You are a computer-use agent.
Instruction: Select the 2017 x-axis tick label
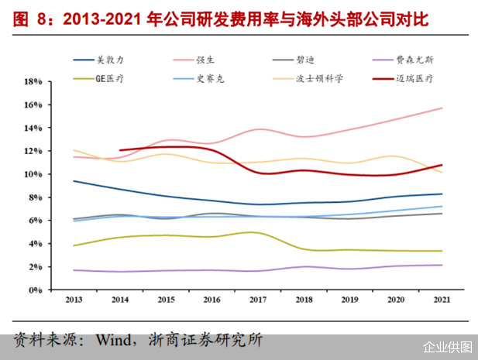point(258,299)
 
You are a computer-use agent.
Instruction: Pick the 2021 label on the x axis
point(442,299)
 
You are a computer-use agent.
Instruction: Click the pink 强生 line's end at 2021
point(442,108)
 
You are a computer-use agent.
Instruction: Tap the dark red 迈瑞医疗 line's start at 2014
point(120,150)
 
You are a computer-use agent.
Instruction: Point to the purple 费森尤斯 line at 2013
point(74,270)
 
